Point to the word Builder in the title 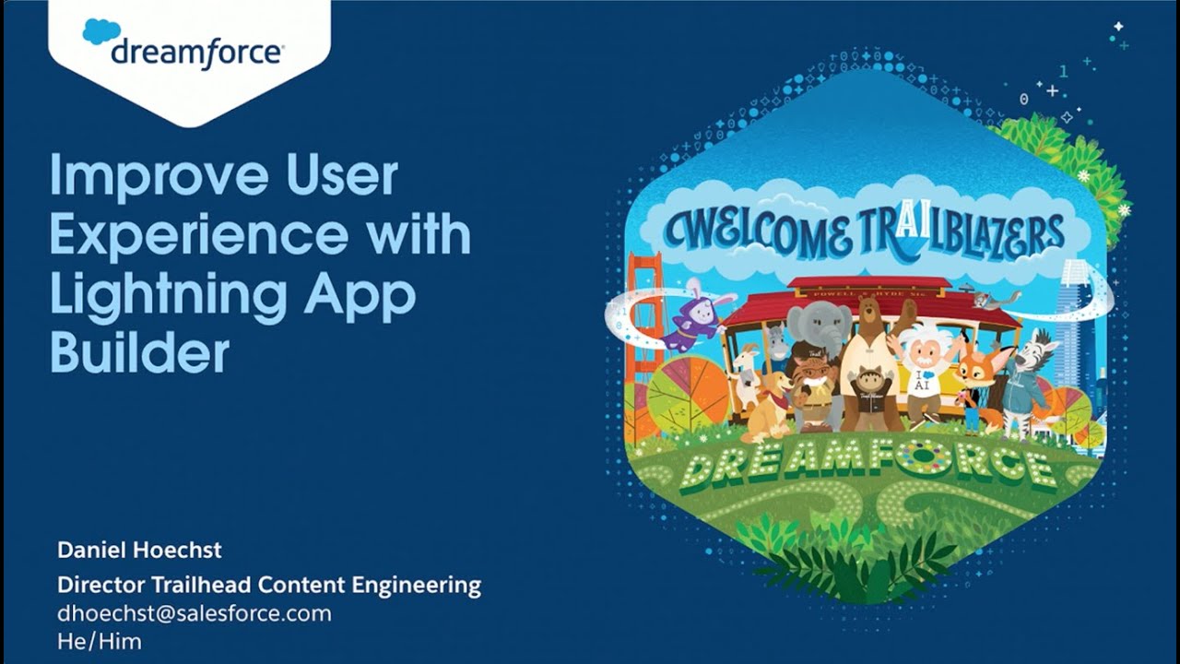click(x=139, y=352)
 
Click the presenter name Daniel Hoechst click(x=139, y=551)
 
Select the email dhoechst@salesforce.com click(x=194, y=613)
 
